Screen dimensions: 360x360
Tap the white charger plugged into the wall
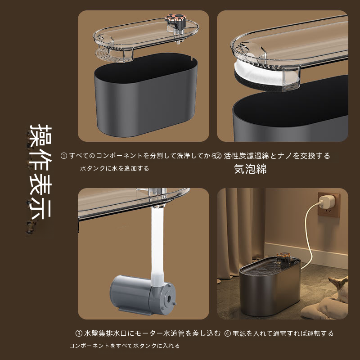point(327,201)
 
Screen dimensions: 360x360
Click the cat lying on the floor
point(325,298)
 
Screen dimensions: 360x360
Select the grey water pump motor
point(143,295)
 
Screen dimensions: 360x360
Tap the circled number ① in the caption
point(63,156)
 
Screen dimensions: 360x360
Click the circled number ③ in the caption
point(79,333)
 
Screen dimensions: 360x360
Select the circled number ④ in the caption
point(227,333)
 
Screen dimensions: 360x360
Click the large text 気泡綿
point(250,169)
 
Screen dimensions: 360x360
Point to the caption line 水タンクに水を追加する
point(115,168)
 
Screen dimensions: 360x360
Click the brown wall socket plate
point(329,205)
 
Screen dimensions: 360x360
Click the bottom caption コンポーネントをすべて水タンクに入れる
point(125,346)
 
